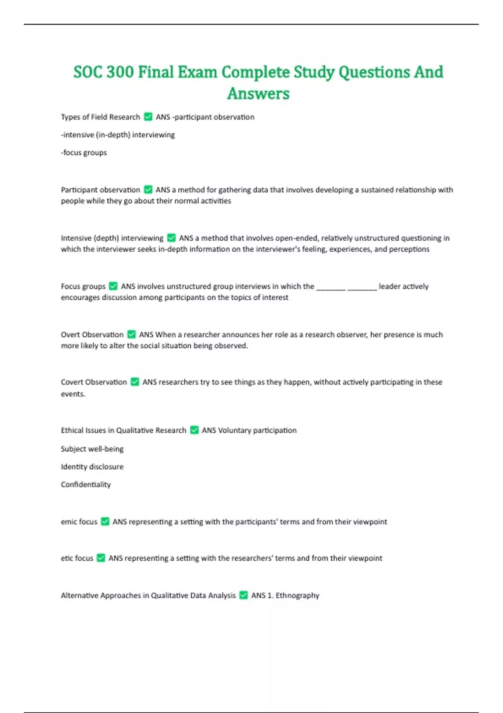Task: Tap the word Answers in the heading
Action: pos(258,94)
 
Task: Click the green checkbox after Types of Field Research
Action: pos(148,117)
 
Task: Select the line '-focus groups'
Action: pos(84,153)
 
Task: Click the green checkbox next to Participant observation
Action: pos(148,190)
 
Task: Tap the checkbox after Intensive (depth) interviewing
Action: pos(171,238)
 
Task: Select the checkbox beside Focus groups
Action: pos(113,286)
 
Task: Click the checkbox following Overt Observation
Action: pos(131,334)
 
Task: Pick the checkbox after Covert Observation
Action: pos(135,382)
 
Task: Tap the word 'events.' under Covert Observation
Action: pos(73,394)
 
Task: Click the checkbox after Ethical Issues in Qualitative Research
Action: pos(194,430)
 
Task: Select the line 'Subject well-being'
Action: pos(92,449)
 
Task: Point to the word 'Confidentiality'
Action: pos(86,484)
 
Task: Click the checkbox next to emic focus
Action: pos(105,521)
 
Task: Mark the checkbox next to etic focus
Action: pos(101,558)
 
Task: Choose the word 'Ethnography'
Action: pos(297,595)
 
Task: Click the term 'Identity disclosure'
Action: pos(92,466)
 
